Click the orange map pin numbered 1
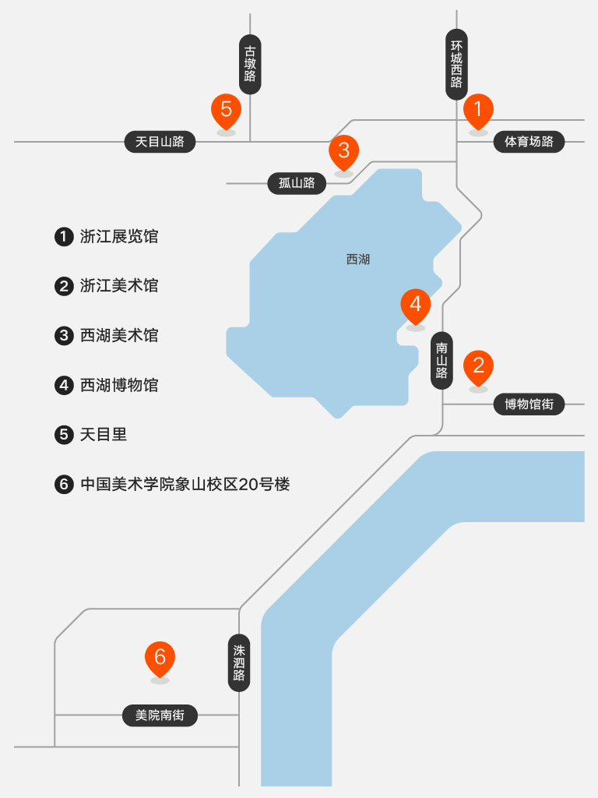478,110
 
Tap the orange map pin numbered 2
478,365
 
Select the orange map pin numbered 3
343,150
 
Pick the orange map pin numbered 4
415,305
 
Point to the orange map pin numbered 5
226,110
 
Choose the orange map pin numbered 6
160,658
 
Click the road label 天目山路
160,142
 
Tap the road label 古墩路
250,64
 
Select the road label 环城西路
456,65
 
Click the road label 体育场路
529,142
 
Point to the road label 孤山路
297,183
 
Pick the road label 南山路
442,360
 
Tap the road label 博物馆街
529,404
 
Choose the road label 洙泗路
239,662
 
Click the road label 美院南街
160,715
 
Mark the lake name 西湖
357,260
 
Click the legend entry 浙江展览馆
118,236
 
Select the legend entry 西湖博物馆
118,385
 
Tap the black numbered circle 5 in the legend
64,435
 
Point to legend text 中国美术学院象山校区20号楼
185,484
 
